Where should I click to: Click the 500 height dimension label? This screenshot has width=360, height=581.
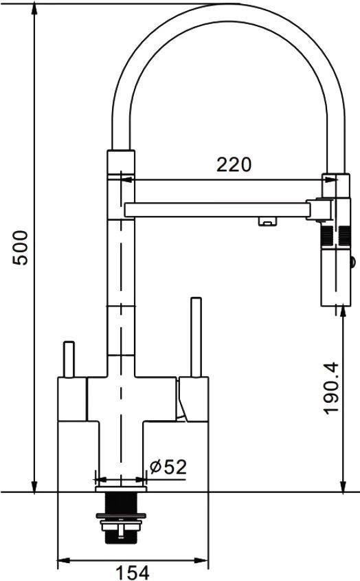[20, 248]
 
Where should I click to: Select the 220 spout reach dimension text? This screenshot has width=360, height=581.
[234, 164]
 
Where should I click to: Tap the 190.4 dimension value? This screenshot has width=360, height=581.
[330, 388]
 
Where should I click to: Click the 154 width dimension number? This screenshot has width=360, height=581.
[133, 573]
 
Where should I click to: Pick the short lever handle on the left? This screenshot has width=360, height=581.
[69, 360]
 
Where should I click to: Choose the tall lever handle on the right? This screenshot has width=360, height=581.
[196, 337]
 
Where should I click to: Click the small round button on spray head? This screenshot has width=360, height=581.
[352, 262]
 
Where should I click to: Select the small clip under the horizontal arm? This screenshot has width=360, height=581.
[267, 221]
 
